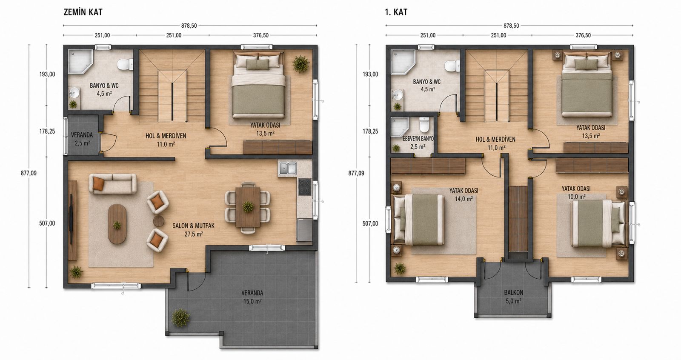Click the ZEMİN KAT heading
pyautogui.click(x=83, y=12)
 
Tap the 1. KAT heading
pyautogui.click(x=396, y=12)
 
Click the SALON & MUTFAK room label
pyautogui.click(x=194, y=230)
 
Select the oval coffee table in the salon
pyautogui.click(x=117, y=224)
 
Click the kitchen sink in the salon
pyautogui.click(x=288, y=169)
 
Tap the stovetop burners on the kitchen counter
pyautogui.click(x=305, y=187)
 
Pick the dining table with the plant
pyautogui.click(x=248, y=207)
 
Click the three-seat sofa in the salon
pyautogui.click(x=112, y=184)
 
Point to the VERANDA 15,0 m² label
pyautogui.click(x=252, y=297)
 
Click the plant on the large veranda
pyautogui.click(x=180, y=318)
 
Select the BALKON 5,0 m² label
pyautogui.click(x=513, y=297)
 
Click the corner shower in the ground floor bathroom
pyautogui.click(x=80, y=62)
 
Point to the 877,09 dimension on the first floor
pyautogui.click(x=356, y=173)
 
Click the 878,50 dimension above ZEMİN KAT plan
pyautogui.click(x=189, y=26)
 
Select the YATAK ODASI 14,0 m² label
pyautogui.click(x=464, y=194)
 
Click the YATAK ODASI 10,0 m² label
pyautogui.click(x=576, y=193)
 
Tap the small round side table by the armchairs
pyautogui.click(x=159, y=221)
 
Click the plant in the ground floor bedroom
pyautogui.click(x=300, y=63)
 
